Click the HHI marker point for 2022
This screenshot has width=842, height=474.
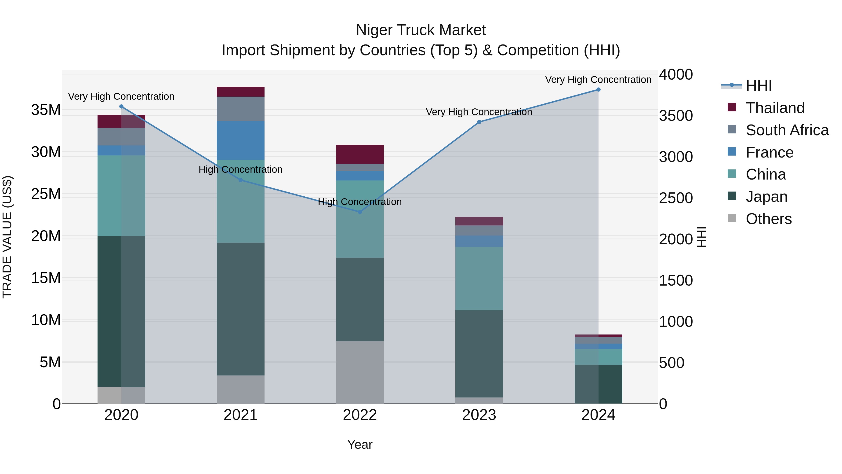(360, 212)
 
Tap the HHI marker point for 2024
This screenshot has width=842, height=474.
(599, 90)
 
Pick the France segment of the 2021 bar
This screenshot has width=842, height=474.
(241, 141)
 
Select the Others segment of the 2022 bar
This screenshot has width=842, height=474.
(360, 372)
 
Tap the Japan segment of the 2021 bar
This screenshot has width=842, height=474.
(241, 309)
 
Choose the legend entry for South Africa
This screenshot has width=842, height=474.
(787, 130)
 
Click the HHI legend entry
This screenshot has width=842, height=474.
(758, 86)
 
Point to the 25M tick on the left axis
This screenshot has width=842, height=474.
(46, 194)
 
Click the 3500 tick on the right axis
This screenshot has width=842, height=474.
(675, 116)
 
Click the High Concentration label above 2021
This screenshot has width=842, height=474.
(241, 169)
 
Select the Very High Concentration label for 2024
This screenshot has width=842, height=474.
(598, 80)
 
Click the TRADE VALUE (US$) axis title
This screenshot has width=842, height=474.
(7, 237)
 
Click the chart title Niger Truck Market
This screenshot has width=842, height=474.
(421, 30)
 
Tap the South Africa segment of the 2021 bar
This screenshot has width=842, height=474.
(241, 109)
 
